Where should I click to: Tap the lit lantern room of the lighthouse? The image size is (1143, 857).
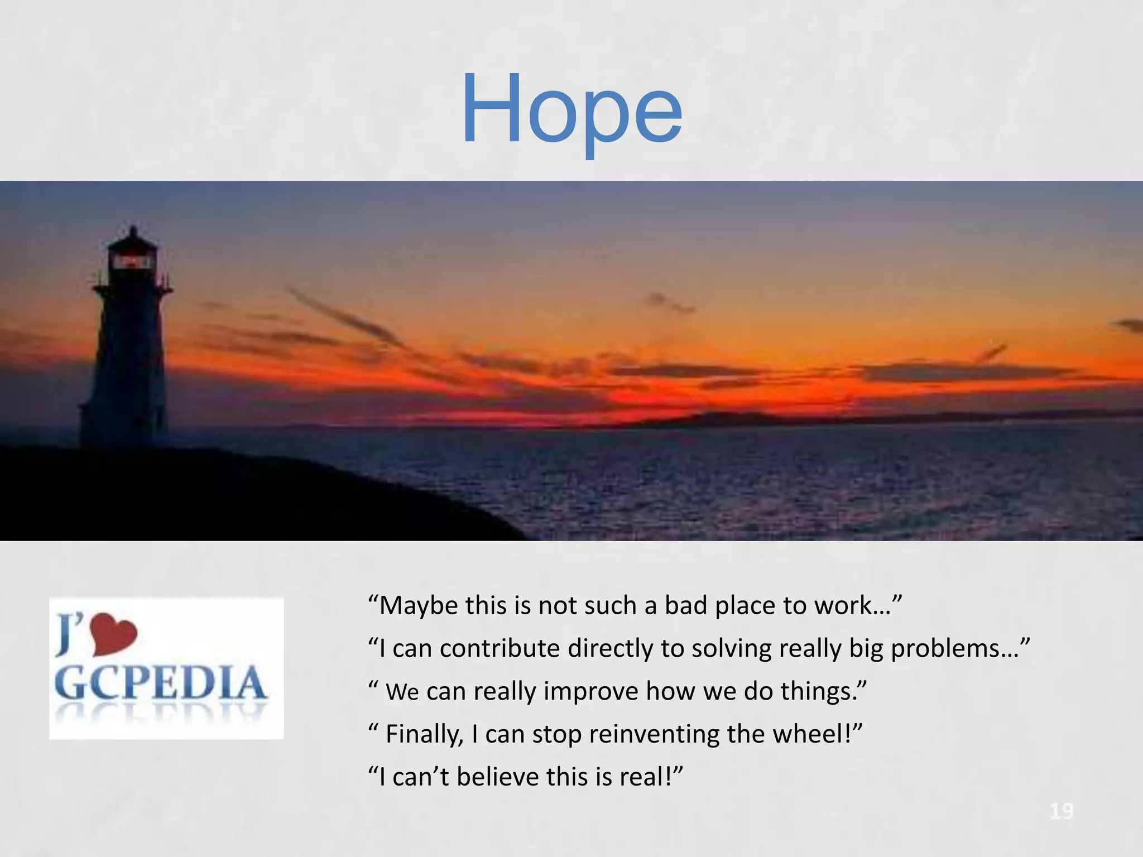click(132, 261)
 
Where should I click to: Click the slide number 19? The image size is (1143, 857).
click(1061, 811)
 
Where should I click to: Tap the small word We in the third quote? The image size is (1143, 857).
click(402, 692)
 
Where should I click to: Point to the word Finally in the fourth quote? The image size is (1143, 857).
click(424, 734)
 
